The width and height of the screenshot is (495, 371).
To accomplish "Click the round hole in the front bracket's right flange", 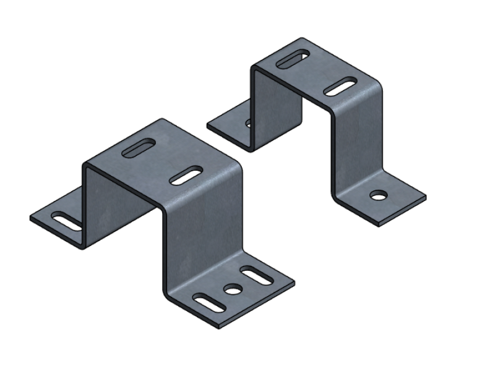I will click(232, 288).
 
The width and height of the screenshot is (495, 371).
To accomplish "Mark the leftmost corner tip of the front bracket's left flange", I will click(30, 218).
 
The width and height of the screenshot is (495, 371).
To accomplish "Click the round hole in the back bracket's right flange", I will click(376, 196).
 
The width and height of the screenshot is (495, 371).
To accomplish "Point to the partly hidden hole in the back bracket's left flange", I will click(249, 123).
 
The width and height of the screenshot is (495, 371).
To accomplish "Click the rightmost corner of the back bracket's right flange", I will click(426, 197).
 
